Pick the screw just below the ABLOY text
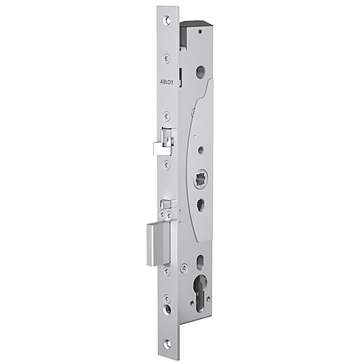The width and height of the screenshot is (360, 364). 168,114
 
